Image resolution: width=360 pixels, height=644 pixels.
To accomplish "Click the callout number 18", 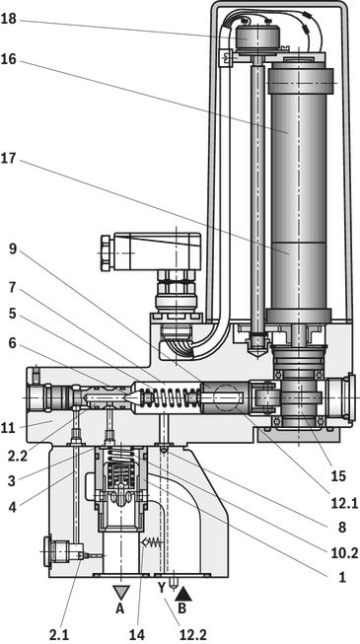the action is click(8, 20).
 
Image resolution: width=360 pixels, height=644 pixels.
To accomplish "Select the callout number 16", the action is click(8, 59).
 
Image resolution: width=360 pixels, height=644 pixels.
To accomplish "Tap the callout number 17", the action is click(8, 158).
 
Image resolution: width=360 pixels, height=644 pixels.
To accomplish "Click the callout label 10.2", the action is click(344, 553).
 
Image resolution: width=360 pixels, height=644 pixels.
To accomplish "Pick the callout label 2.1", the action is click(59, 634).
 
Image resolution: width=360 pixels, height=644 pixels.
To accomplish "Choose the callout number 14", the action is click(137, 634).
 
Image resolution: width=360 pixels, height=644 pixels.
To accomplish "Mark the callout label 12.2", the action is click(191, 634).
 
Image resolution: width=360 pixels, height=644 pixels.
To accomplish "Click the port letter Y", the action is click(162, 588).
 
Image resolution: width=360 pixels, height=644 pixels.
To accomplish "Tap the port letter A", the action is click(119, 608).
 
